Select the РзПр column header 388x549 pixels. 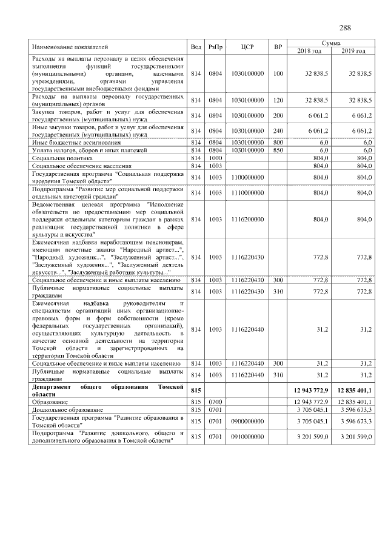(x=215, y=47)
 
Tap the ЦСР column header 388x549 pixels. (x=247, y=47)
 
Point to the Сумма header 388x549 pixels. (x=330, y=44)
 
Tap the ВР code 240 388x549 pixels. (x=278, y=130)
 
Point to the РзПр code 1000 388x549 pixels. (x=215, y=157)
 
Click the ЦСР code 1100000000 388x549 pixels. (x=247, y=177)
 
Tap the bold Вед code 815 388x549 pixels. (x=195, y=390)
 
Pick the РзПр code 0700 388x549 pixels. (x=215, y=402)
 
